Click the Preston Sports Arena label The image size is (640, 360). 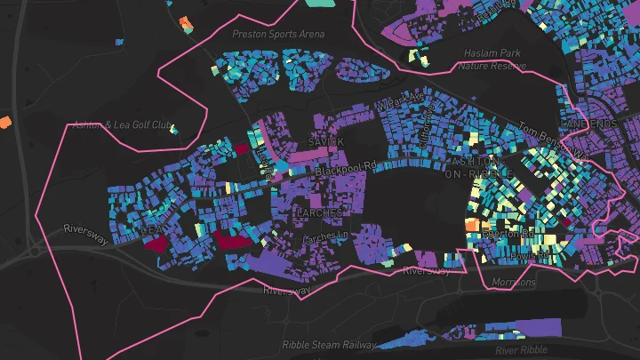(x=278, y=34)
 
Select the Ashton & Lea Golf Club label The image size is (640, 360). (x=122, y=124)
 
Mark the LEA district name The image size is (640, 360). (x=150, y=229)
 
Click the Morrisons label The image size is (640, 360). (x=515, y=283)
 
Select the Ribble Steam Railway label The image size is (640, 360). (x=329, y=344)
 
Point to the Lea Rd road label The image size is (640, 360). (x=264, y=160)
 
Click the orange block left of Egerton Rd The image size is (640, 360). (x=472, y=225)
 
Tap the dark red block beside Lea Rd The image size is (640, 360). (x=240, y=149)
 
